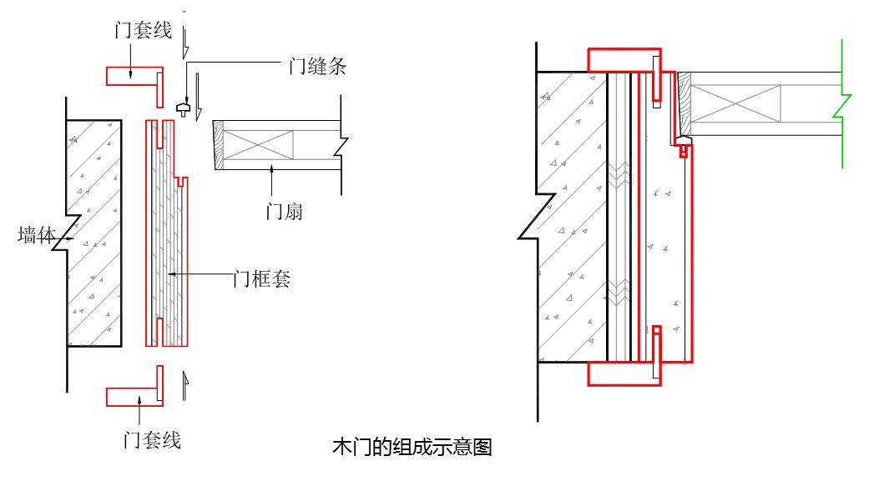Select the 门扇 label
click(x=284, y=213)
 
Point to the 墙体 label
click(x=36, y=236)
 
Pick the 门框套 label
click(x=261, y=279)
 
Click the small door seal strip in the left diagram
click(x=184, y=108)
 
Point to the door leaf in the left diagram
click(x=275, y=145)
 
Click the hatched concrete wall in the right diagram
click(x=571, y=217)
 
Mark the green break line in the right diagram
click(x=843, y=104)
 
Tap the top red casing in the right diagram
click(x=622, y=59)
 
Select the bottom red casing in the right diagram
click(x=622, y=373)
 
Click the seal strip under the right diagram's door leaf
click(x=684, y=144)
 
